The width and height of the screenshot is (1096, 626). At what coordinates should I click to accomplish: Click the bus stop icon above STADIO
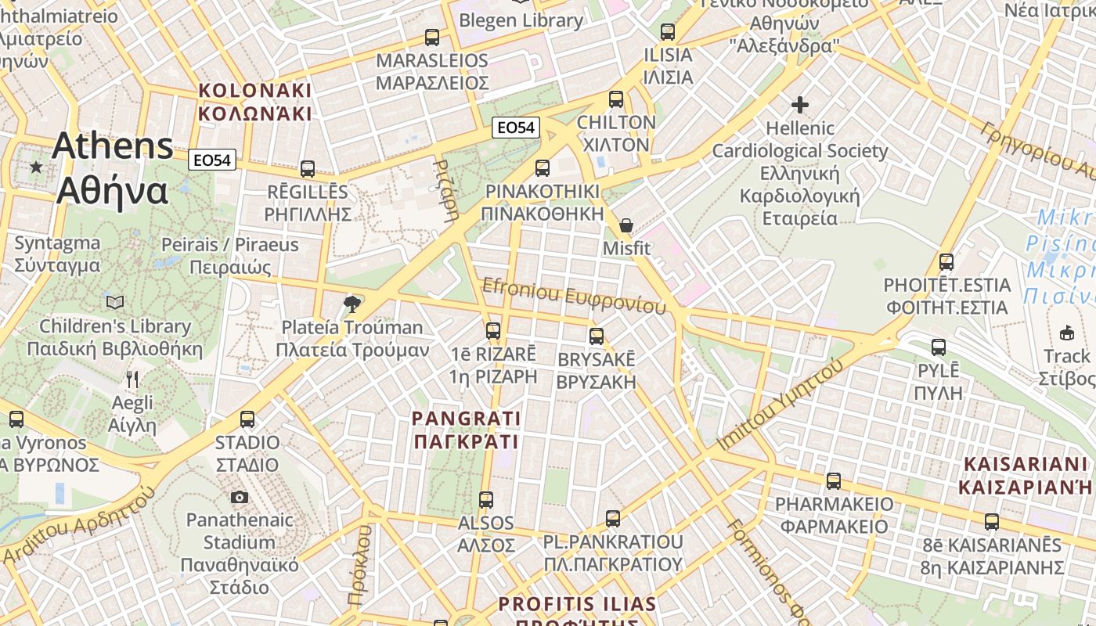pyautogui.click(x=247, y=419)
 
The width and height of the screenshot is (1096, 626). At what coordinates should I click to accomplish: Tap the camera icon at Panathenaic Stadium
pyautogui.click(x=240, y=497)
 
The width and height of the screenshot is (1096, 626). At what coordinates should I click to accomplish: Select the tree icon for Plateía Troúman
pyautogui.click(x=352, y=304)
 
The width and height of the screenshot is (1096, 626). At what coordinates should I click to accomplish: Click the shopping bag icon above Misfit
pyautogui.click(x=626, y=225)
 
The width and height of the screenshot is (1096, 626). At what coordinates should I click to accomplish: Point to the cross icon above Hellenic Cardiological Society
pyautogui.click(x=799, y=104)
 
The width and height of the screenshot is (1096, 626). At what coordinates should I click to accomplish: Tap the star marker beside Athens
pyautogui.click(x=35, y=167)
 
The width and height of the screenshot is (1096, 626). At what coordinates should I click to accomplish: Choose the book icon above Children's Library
pyautogui.click(x=115, y=302)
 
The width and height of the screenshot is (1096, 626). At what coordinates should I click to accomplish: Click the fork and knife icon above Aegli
pyautogui.click(x=132, y=380)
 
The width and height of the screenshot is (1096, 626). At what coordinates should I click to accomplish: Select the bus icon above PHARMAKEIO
pyautogui.click(x=834, y=480)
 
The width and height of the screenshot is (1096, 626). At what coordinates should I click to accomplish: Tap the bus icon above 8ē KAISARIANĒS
pyautogui.click(x=992, y=521)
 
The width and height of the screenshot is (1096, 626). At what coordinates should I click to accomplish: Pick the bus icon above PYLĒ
pyautogui.click(x=939, y=347)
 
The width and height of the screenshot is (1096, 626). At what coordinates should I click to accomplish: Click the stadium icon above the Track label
pyautogui.click(x=1067, y=333)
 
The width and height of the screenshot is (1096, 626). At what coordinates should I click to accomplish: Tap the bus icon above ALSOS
pyautogui.click(x=486, y=499)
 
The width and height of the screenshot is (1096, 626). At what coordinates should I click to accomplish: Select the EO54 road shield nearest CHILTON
pyautogui.click(x=517, y=127)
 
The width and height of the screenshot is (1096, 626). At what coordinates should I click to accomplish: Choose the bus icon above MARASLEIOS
pyautogui.click(x=432, y=37)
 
